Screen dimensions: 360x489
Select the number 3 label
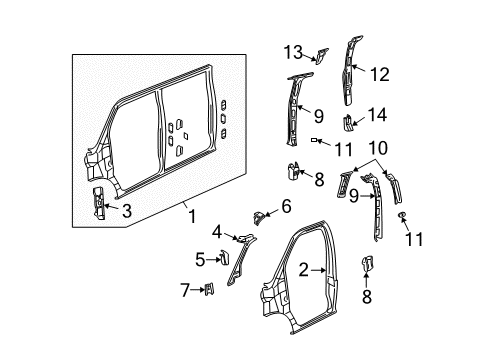tap(126, 210)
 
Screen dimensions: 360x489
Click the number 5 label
tap(198, 261)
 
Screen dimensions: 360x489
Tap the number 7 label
tap(184, 290)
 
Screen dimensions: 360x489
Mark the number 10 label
tap(378, 147)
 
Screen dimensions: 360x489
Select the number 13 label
tap(292, 52)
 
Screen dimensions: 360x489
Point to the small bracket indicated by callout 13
tap(317, 54)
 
